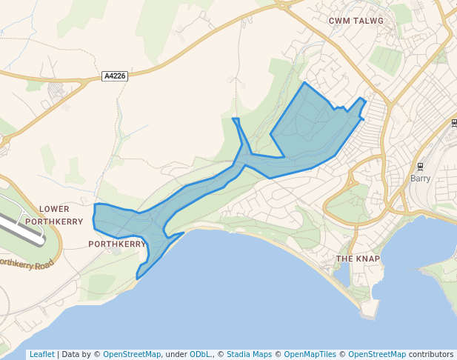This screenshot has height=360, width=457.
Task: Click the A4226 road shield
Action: coord(115,76)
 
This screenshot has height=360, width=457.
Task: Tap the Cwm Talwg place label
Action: coord(356,21)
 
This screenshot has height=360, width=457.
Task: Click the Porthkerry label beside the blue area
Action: coord(117,243)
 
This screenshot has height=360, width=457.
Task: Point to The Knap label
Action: coord(358,259)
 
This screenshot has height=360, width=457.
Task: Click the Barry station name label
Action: coord(421,179)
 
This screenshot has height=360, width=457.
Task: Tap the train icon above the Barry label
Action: coord(420,166)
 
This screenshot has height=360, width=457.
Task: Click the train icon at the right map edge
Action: coord(453,123)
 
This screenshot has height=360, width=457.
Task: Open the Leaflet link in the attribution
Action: coord(41,354)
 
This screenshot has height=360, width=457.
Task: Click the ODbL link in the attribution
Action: coord(201,354)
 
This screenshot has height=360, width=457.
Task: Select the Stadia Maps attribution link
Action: coord(249,354)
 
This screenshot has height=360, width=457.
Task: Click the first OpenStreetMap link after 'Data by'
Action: coord(131,354)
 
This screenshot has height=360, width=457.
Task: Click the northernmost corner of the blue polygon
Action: coord(304,82)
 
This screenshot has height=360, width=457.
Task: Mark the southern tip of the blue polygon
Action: coord(137,279)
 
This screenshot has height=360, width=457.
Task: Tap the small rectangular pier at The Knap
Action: coord(373,308)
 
